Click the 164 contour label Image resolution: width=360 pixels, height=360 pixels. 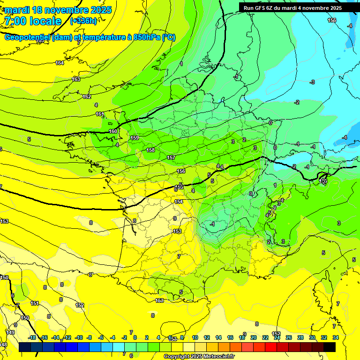(x=60, y=63)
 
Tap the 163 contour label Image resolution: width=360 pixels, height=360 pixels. (x=76, y=79)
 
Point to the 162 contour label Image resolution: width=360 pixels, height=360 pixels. (x=87, y=97)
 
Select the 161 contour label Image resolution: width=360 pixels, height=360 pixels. (x=100, y=114)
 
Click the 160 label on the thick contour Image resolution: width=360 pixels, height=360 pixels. (x=113, y=131)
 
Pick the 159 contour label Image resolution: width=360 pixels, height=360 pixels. (x=135, y=138)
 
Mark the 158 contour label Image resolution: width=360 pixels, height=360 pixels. (x=150, y=150)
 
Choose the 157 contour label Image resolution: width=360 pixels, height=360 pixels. (x=171, y=157)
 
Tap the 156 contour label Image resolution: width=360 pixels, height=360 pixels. (x=181, y=171)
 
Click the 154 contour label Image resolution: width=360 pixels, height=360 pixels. (x=179, y=202)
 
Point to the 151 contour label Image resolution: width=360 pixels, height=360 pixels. (x=35, y=303)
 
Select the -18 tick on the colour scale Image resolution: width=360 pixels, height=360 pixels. (x=32, y=337)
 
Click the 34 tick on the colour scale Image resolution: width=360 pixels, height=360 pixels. (x=336, y=337)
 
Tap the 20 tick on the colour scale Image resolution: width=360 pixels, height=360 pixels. (x=254, y=337)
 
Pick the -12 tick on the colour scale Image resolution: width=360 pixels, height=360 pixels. (x=67, y=337)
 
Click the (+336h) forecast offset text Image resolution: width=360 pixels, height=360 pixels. (x=83, y=21)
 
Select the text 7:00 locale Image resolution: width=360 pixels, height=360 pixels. (x=33, y=21)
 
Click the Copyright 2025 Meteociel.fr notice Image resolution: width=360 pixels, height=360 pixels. (x=199, y=356)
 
